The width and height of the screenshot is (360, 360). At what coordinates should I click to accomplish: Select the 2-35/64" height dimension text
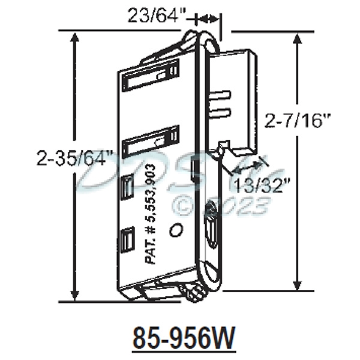[x=74, y=159]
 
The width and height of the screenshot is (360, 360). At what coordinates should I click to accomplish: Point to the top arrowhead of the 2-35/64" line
[x=74, y=37]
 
